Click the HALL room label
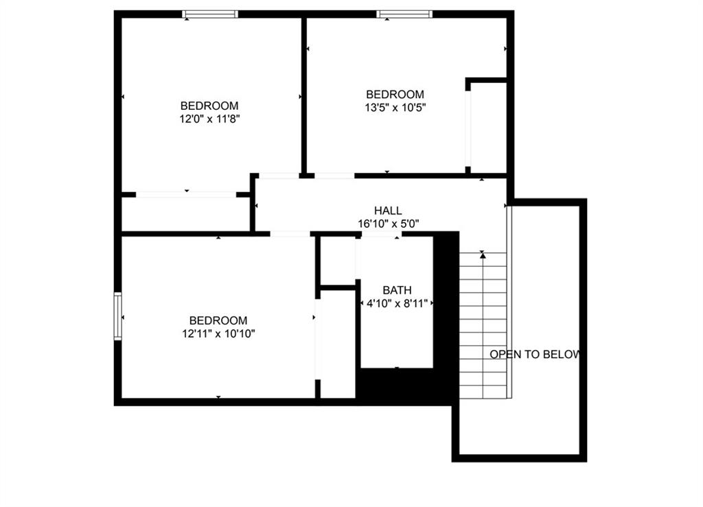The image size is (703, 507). tap(388, 211)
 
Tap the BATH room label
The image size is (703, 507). tap(397, 290)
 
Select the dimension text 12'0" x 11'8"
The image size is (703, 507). tap(210, 119)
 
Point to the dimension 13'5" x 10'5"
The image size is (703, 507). tap(395, 108)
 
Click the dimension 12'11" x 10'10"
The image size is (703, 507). tap(218, 333)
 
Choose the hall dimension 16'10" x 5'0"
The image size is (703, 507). tap(389, 224)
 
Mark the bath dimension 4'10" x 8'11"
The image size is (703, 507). tap(397, 303)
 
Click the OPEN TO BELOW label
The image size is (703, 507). tap(535, 354)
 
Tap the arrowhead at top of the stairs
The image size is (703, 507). tap(483, 255)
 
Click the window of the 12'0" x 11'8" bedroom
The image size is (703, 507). tap(210, 14)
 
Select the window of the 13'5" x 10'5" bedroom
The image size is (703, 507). tap(404, 14)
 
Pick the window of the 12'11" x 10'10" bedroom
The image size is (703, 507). tap(118, 316)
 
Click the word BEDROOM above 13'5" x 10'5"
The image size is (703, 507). tap(395, 95)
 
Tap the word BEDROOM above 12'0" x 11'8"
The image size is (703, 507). tap(209, 106)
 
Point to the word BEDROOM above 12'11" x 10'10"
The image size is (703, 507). tap(218, 320)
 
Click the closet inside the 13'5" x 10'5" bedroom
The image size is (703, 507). tap(489, 128)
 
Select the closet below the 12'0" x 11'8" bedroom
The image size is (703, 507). tap(185, 214)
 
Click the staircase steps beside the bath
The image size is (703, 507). tap(483, 326)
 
